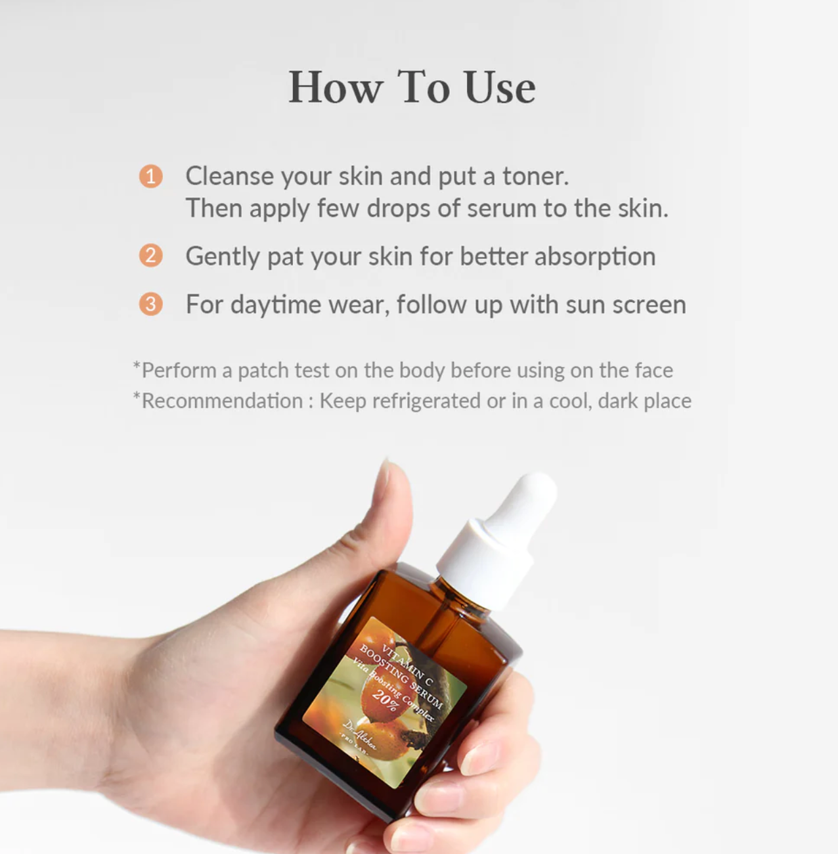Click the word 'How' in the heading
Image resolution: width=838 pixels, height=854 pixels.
pyautogui.click(x=336, y=87)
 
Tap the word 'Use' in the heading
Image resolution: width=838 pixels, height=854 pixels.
pyautogui.click(x=500, y=87)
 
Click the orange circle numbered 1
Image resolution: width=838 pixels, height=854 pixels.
pyautogui.click(x=150, y=176)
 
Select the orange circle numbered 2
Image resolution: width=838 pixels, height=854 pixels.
pyautogui.click(x=150, y=256)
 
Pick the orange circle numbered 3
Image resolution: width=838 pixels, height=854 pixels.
pyautogui.click(x=150, y=303)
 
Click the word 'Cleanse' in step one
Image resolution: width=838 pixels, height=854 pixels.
pyautogui.click(x=229, y=176)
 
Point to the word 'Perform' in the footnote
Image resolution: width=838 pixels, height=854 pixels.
pyautogui.click(x=179, y=371)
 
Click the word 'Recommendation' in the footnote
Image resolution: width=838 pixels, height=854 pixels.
pyautogui.click(x=222, y=401)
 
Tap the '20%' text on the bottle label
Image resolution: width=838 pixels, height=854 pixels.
pyautogui.click(x=386, y=701)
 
